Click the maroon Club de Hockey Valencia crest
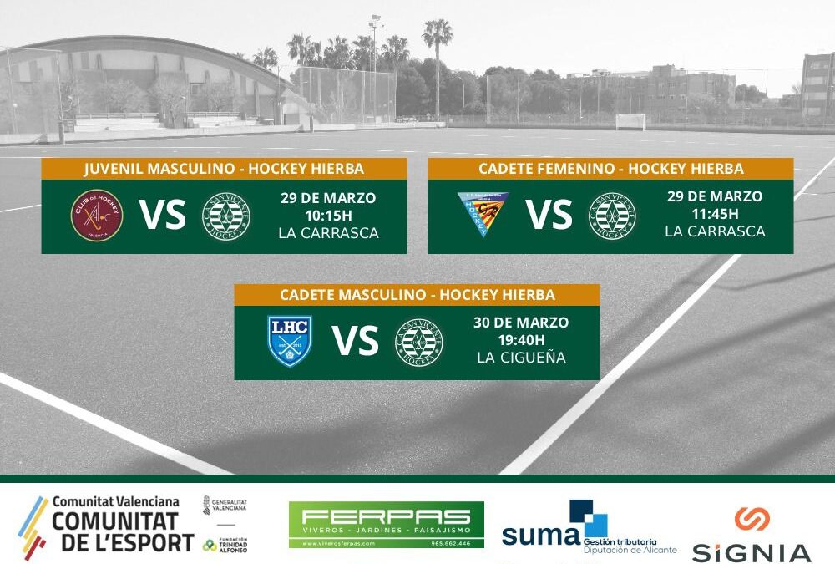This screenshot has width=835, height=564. click(97, 216)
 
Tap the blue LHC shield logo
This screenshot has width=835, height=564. click(290, 341)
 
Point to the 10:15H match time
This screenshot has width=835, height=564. click(328, 216)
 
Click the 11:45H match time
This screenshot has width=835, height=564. click(715, 214)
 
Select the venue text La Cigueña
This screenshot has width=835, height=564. click(521, 358)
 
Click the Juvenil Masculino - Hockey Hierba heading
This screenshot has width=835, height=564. click(224, 169)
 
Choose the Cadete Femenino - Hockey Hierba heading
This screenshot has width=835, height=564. click(610, 169)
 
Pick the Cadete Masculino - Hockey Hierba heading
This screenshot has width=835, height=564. click(417, 295)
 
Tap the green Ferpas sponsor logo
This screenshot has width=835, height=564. click(386, 525)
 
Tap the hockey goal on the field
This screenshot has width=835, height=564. click(630, 122)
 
